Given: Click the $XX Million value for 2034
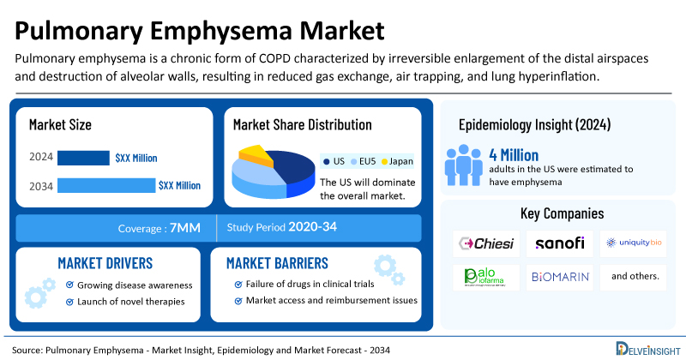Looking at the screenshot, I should click(179, 185).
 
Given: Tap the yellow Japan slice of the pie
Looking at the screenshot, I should click(255, 154).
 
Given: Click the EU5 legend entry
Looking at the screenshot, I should click(364, 160).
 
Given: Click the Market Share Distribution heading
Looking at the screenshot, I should click(302, 125).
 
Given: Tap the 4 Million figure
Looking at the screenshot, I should click(513, 155).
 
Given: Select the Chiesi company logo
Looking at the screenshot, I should click(486, 243).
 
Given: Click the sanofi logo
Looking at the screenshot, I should click(560, 243).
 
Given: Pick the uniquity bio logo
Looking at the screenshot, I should click(634, 243).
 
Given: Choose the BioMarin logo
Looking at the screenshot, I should click(560, 277).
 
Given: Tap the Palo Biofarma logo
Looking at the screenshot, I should click(486, 277).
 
